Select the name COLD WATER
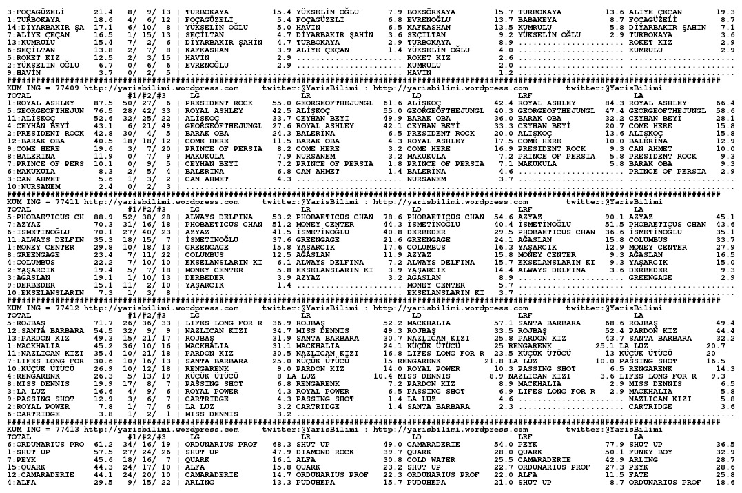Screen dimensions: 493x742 430,459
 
